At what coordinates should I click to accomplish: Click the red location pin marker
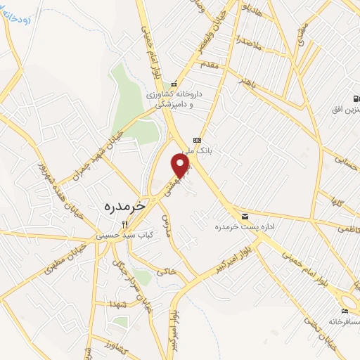(181, 166)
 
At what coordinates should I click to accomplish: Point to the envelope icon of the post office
(245, 216)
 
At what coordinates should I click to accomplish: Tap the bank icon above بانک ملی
(198, 139)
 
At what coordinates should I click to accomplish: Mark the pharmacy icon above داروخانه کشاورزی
(174, 85)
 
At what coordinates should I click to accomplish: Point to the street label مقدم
(211, 64)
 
